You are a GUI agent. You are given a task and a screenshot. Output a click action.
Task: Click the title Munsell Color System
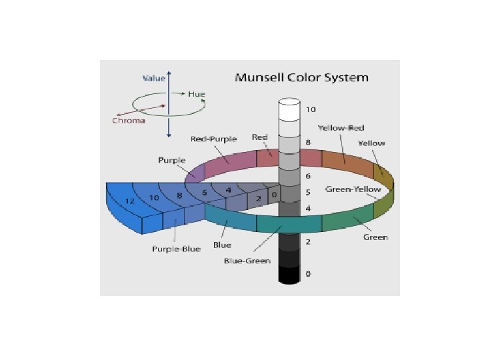301,77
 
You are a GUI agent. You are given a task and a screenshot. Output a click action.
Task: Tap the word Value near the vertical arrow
154,78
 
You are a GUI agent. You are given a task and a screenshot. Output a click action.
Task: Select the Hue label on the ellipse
196,95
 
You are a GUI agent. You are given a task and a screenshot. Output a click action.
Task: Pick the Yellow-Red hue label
341,127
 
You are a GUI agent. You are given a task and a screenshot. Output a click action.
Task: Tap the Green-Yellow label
353,189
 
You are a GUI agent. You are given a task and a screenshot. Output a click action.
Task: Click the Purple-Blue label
176,249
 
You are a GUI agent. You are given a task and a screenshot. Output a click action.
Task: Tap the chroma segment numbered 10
154,198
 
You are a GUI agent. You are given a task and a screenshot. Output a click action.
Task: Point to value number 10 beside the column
310,109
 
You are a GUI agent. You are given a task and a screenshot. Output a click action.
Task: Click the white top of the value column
289,105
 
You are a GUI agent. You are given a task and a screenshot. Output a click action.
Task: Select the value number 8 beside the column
307,142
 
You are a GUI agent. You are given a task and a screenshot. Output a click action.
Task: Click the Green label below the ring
375,237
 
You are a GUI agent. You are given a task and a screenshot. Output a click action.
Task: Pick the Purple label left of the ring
171,161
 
